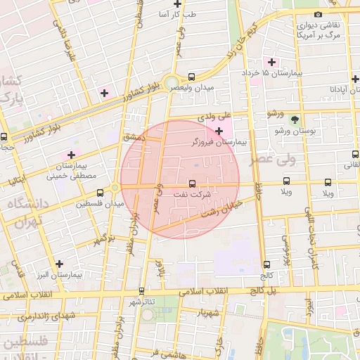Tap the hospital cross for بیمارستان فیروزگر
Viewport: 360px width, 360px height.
pos(219,131)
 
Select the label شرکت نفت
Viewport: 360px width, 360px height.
pos(193,196)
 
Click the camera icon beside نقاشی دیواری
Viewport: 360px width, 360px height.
pos(319,14)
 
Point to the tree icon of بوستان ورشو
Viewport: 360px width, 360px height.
pos(295,120)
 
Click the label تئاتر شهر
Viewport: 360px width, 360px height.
pos(142,302)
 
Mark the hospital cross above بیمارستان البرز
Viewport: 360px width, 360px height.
pos(59,264)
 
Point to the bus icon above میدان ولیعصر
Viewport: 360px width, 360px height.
pos(191,76)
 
